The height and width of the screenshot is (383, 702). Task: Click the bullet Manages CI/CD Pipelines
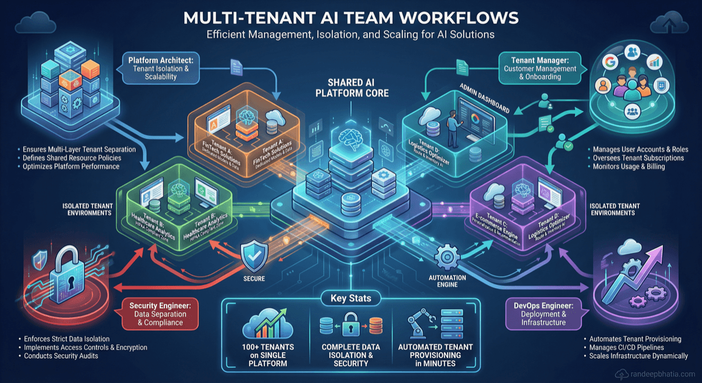coord(629,348)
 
